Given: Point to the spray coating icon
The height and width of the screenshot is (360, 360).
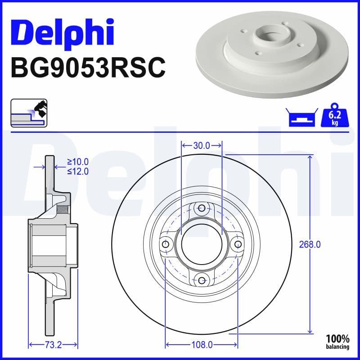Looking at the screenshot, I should click(29, 113).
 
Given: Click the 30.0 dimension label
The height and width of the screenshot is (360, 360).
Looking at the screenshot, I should click(202, 145).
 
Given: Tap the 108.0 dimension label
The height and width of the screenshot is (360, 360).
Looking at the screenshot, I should click(202, 345).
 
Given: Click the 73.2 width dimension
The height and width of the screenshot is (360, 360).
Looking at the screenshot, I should click(53, 345).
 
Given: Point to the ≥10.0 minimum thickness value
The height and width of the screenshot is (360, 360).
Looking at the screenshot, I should click(78, 162).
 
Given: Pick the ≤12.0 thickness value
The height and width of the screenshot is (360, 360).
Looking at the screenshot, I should click(78, 171).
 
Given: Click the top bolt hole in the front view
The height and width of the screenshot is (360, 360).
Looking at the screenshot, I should click(202, 208).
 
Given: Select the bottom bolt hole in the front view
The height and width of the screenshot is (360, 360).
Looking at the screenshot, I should click(202, 280).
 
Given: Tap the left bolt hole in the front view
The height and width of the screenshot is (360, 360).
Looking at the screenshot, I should click(166, 244).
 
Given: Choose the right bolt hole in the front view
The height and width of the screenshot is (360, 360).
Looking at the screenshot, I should click(237, 244).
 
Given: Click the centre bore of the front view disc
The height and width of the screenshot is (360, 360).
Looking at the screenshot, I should click(202, 244).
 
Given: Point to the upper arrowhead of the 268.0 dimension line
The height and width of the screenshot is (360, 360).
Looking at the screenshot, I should click(310, 157).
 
